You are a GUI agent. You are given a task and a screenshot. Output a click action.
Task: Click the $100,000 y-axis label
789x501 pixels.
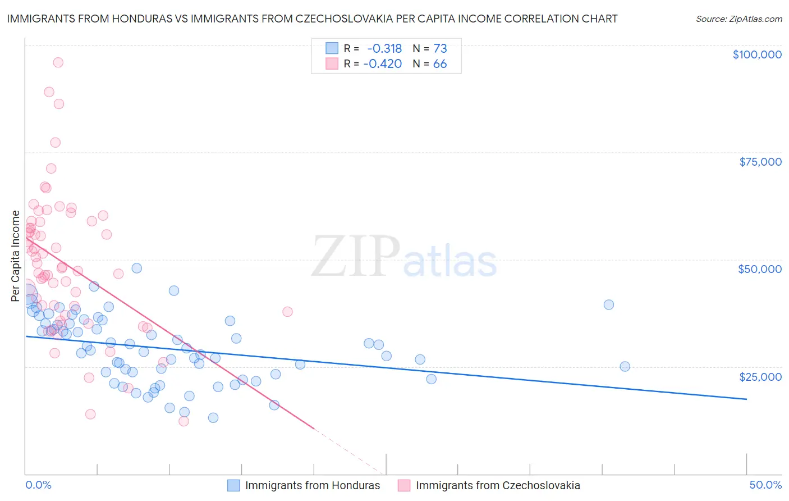[756, 54]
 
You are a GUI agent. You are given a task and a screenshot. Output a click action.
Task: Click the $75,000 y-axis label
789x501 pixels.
[760, 162]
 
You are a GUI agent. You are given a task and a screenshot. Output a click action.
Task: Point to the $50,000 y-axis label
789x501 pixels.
[759, 269]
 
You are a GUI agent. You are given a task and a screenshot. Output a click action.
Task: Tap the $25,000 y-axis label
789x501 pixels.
[760, 376]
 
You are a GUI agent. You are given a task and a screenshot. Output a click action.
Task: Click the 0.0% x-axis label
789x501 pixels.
[38, 485]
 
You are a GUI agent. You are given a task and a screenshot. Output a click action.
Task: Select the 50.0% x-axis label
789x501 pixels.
[765, 485]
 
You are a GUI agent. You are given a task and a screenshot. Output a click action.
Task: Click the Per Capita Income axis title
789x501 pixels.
[16, 256]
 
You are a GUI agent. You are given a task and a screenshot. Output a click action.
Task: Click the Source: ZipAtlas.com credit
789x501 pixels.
[738, 19]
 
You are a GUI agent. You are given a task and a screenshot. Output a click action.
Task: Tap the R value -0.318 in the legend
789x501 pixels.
[384, 48]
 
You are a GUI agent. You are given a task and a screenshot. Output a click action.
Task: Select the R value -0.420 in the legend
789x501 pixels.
[383, 64]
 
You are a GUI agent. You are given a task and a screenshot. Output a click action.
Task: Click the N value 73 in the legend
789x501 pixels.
[440, 48]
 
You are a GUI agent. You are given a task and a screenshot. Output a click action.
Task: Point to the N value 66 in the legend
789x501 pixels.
[440, 64]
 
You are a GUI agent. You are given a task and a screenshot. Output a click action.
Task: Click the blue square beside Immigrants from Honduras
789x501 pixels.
[233, 485]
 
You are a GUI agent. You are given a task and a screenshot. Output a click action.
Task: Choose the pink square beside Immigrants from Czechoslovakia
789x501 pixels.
[404, 485]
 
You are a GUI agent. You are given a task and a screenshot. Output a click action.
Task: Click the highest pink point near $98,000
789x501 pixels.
[58, 62]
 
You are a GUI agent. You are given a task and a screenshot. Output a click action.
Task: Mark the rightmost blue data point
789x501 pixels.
[625, 366]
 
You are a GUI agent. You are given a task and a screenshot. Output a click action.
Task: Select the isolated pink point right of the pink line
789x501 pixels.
[287, 311]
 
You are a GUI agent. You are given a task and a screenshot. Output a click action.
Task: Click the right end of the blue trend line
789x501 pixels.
[746, 399]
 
